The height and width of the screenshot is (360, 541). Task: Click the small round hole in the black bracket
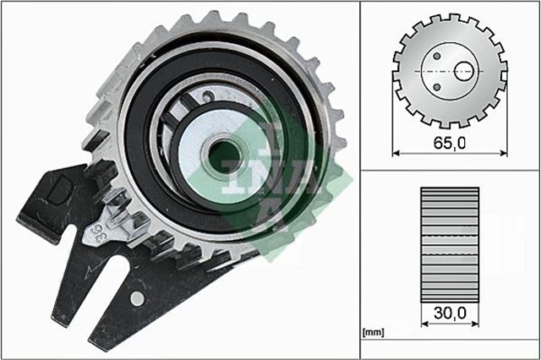(x=136, y=298)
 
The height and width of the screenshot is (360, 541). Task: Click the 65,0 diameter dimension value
(x=450, y=143)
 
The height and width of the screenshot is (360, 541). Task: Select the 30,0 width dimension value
(x=449, y=314)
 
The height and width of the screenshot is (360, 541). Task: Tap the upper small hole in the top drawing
(x=439, y=57)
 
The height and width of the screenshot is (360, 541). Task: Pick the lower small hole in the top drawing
(x=439, y=85)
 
